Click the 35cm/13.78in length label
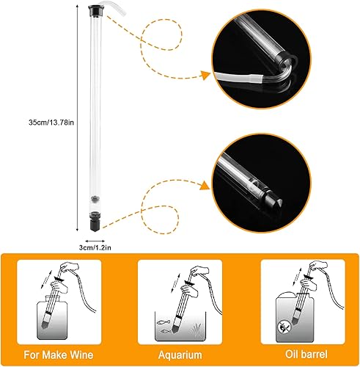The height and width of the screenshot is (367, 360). [51, 123]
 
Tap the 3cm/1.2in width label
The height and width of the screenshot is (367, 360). [95, 247]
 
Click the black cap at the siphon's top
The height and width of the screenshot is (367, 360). [96, 10]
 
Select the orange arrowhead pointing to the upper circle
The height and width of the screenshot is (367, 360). [205, 75]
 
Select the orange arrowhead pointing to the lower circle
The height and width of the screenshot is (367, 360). [205, 186]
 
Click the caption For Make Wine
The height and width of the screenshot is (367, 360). [59, 355]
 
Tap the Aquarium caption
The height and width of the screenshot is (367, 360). [180, 355]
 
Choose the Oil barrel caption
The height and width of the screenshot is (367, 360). [306, 355]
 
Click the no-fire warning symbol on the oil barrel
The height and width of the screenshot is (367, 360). [284, 327]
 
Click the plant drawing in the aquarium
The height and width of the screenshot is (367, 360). [195, 329]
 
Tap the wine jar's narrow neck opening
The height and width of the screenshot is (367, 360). [53, 299]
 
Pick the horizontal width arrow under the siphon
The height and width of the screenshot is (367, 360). [95, 241]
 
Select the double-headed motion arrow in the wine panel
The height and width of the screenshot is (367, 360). [46, 279]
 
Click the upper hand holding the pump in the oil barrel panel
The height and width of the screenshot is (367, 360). [318, 266]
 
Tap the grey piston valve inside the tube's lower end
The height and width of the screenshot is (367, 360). [95, 199]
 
